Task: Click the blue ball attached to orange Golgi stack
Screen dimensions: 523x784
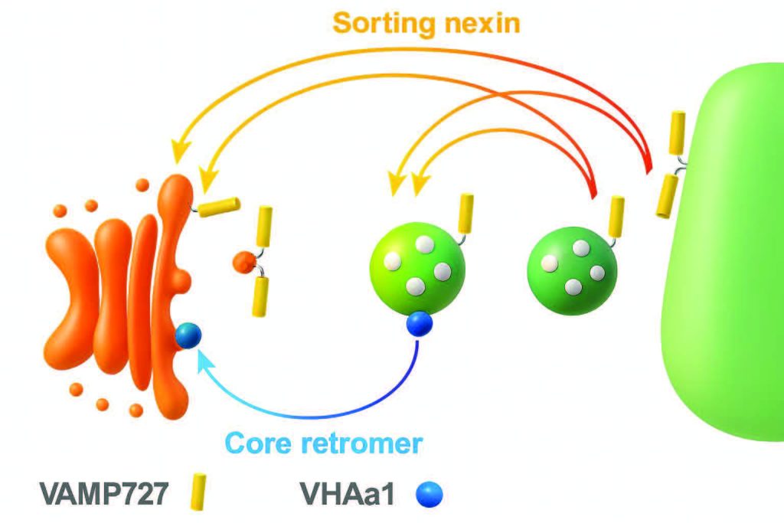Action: [188, 335]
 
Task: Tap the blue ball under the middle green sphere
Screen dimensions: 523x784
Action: [419, 323]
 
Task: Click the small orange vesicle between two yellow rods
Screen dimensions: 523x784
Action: [243, 263]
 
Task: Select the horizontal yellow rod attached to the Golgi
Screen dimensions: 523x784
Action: [220, 206]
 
